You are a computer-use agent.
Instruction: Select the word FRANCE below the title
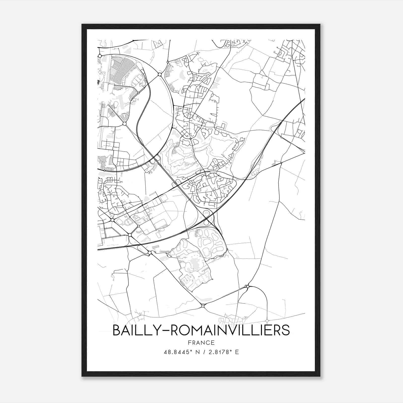201,343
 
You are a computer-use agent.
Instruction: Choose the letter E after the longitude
237,352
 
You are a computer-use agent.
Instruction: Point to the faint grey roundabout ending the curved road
267,321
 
